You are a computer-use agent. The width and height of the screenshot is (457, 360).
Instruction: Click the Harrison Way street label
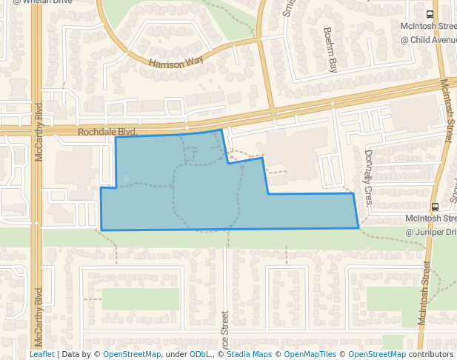[x=176, y=61]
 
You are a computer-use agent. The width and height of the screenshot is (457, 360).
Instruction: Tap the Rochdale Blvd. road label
[x=107, y=131]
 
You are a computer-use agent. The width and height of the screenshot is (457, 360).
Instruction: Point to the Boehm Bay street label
[x=330, y=50]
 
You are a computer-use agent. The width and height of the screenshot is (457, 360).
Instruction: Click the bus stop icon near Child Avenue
[x=431, y=14]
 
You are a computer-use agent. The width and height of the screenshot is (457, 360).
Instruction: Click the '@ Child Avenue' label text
[x=428, y=39]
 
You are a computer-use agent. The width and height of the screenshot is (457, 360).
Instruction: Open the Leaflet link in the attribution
[x=41, y=354]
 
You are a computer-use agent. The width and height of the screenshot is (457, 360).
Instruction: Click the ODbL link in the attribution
[x=200, y=354]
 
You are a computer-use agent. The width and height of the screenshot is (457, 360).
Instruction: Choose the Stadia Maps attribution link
[x=249, y=354]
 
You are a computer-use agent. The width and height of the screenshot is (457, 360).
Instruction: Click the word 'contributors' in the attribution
[x=431, y=354]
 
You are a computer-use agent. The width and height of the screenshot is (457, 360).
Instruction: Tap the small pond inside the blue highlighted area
[x=127, y=178]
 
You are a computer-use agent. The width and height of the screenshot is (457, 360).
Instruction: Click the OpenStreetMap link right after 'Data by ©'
[x=132, y=354]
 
